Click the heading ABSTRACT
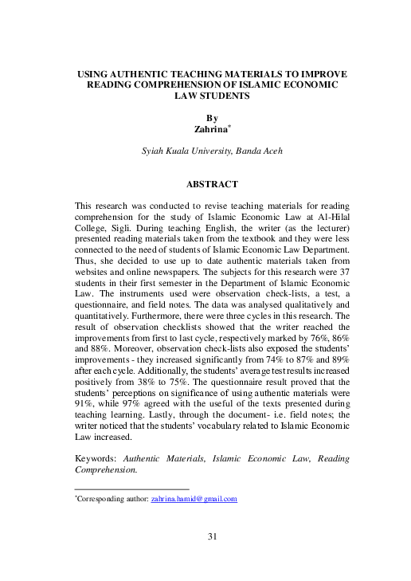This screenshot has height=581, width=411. [x=212, y=184]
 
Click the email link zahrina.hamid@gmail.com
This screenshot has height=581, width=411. [x=194, y=499]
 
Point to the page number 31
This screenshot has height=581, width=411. [x=212, y=536]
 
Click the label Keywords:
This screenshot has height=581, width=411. [x=95, y=459]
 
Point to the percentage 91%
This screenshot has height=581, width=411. [x=83, y=403]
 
